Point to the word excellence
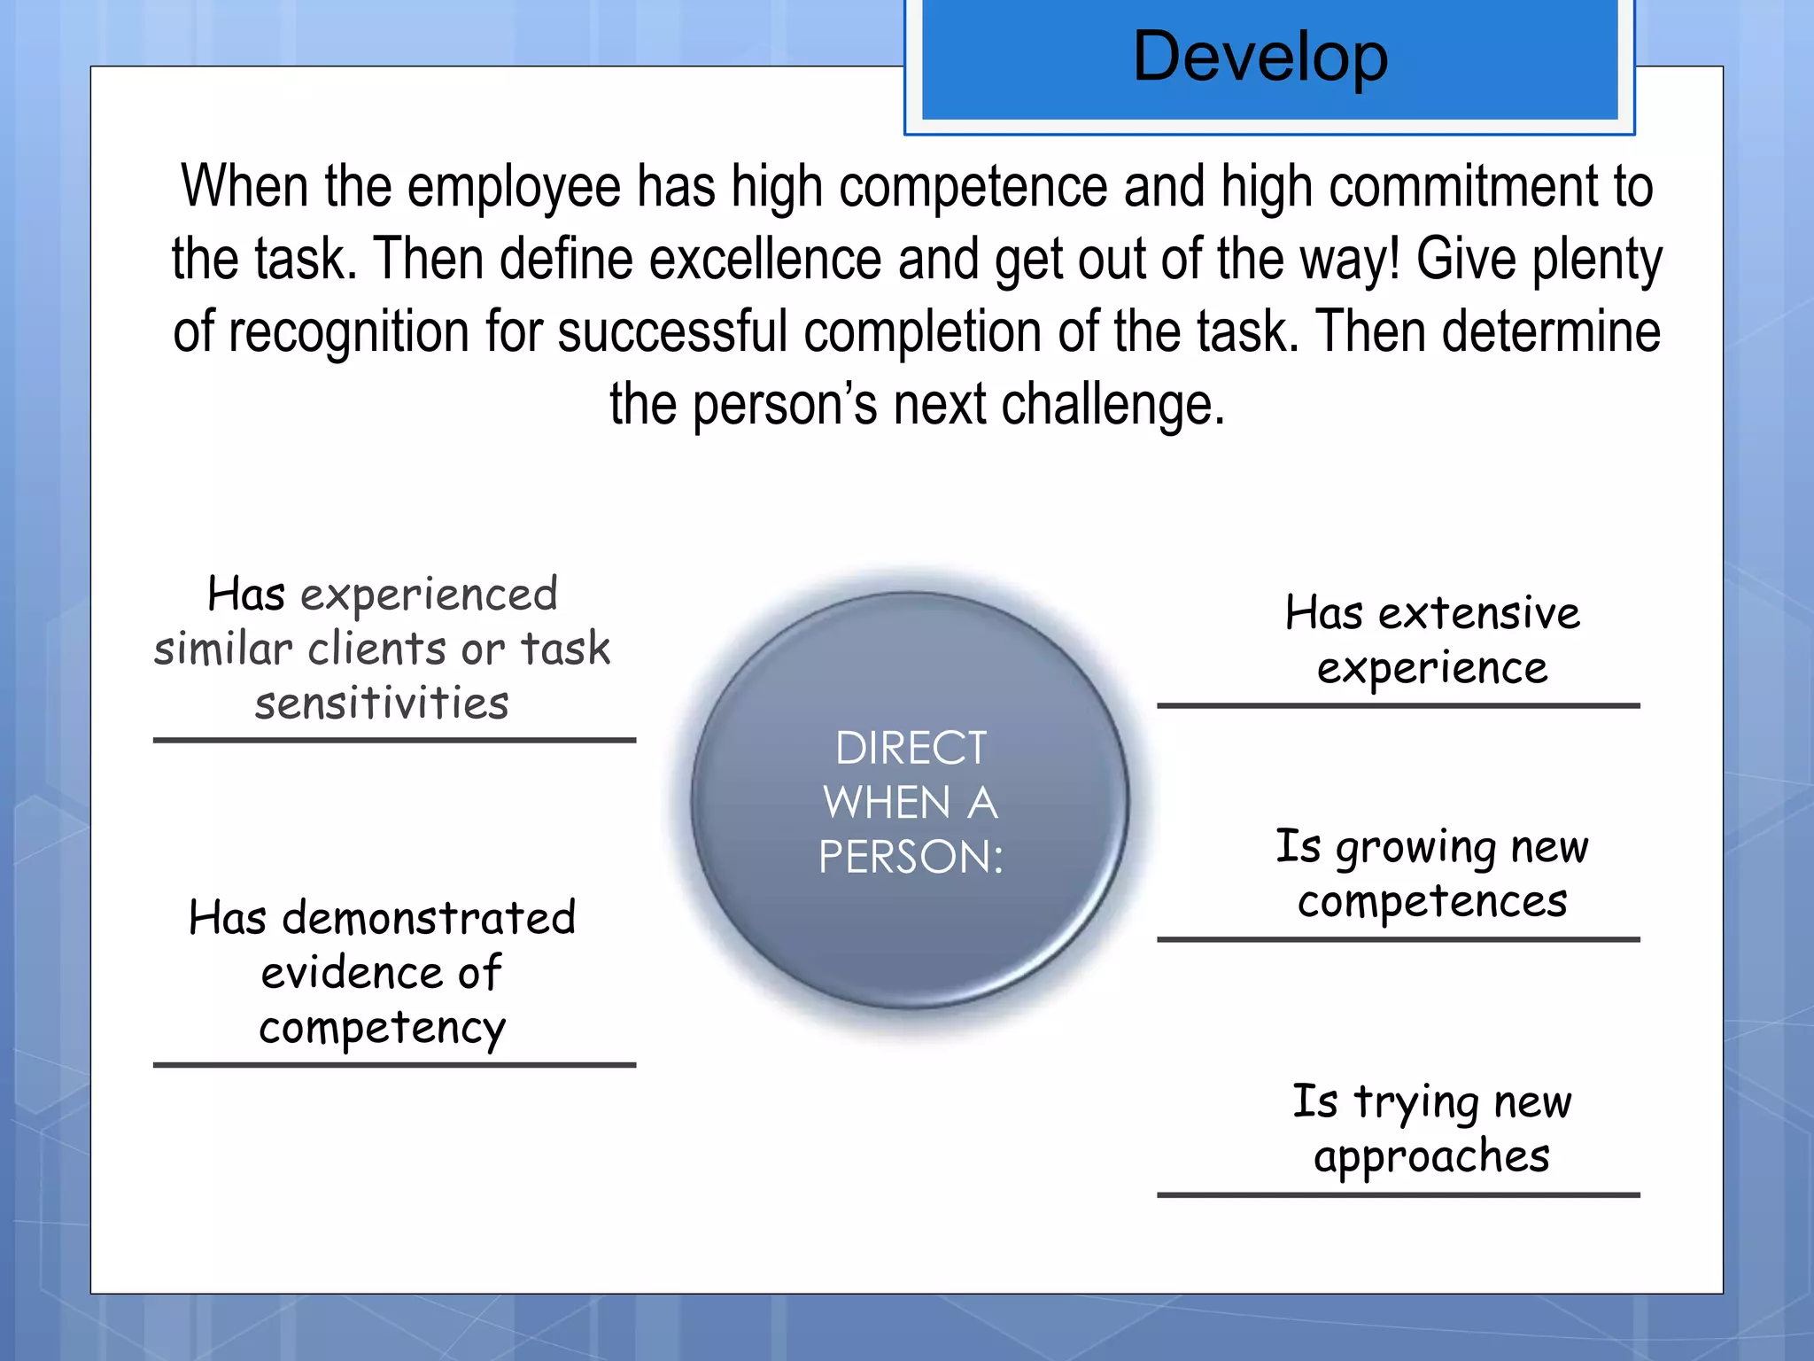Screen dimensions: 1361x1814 765,260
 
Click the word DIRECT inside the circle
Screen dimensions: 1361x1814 911,748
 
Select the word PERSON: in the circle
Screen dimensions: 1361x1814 911,857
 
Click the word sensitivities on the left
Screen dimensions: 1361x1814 382,704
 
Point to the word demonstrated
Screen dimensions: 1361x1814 429,918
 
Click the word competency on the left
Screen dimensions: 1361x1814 382,1028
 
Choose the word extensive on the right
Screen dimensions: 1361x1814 1478,613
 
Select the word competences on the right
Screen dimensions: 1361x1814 1432,902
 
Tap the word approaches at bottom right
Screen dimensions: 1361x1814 1431,1157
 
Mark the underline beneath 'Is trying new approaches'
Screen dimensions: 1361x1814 1398,1195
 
